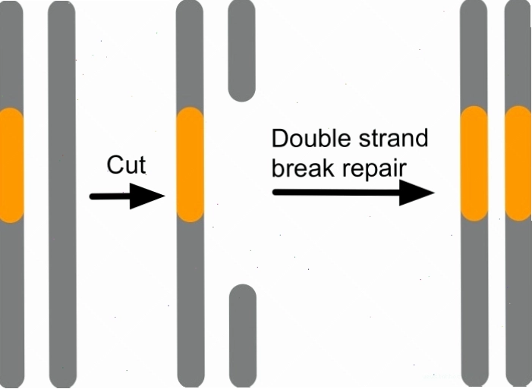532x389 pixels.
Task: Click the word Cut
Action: (126, 165)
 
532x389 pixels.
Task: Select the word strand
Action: (394, 138)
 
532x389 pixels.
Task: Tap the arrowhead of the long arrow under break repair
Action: (417, 193)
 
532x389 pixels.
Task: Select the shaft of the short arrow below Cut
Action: (110, 196)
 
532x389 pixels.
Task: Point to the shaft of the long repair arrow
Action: (336, 193)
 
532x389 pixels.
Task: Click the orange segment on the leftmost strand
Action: (11, 165)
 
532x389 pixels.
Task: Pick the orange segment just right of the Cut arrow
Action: (190, 165)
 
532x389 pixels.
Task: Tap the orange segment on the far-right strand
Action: (518, 163)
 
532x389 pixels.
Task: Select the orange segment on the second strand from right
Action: (474, 164)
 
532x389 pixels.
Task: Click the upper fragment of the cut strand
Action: (241, 51)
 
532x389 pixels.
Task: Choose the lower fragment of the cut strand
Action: (243, 336)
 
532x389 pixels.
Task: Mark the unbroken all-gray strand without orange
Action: (62, 194)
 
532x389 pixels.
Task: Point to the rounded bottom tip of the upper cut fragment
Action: (241, 101)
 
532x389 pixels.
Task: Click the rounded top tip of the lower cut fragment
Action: (243, 285)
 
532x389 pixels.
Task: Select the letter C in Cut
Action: (115, 165)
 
